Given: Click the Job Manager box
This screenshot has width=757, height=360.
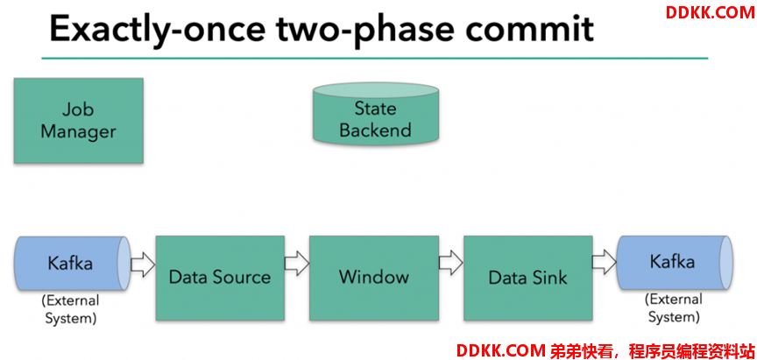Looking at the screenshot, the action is (x=78, y=121).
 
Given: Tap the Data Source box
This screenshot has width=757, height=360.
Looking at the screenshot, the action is (x=220, y=278).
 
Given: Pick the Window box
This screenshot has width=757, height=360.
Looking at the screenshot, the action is (x=373, y=278).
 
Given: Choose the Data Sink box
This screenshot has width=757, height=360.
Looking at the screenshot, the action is (x=527, y=278).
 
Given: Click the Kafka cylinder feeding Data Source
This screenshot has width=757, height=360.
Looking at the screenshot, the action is (x=74, y=264).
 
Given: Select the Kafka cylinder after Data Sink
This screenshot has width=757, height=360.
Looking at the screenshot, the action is (x=675, y=263).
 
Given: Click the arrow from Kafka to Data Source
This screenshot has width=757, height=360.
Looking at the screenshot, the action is (x=143, y=264).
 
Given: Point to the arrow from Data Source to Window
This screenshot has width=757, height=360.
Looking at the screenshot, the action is (x=297, y=264).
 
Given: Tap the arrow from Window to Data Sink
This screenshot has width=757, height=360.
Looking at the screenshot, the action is (x=451, y=264).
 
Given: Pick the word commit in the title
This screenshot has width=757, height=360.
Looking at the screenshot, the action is (x=530, y=28).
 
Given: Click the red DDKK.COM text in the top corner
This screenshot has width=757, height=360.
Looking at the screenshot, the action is (x=709, y=12).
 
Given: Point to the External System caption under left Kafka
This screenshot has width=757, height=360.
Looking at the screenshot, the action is (x=70, y=309).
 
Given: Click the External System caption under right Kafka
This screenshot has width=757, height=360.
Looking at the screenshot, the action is (x=674, y=307).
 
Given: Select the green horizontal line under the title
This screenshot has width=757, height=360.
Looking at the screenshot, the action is (x=375, y=59).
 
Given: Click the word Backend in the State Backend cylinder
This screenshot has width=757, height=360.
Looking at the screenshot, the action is (x=375, y=130).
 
